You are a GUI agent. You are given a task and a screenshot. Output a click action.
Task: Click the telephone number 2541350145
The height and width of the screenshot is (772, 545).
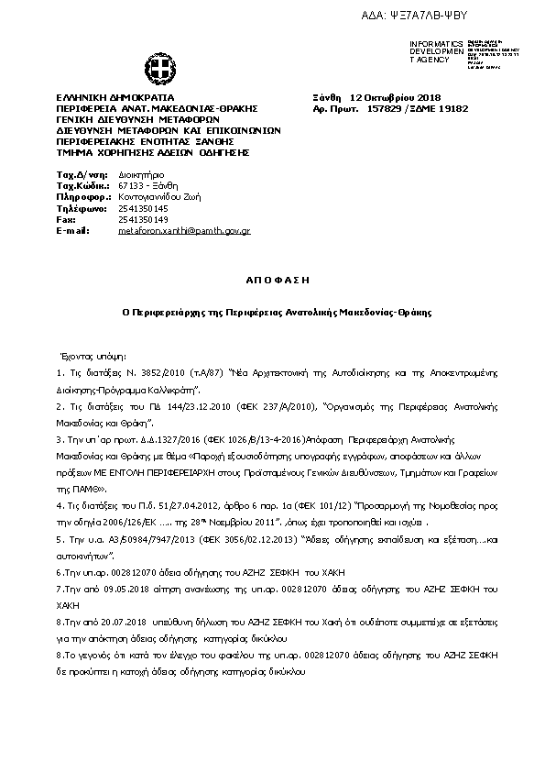click(x=138, y=208)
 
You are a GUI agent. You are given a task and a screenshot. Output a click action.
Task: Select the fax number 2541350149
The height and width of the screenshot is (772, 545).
click(x=138, y=219)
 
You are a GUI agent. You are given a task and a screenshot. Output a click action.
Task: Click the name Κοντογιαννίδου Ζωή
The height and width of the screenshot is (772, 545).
click(x=160, y=196)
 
